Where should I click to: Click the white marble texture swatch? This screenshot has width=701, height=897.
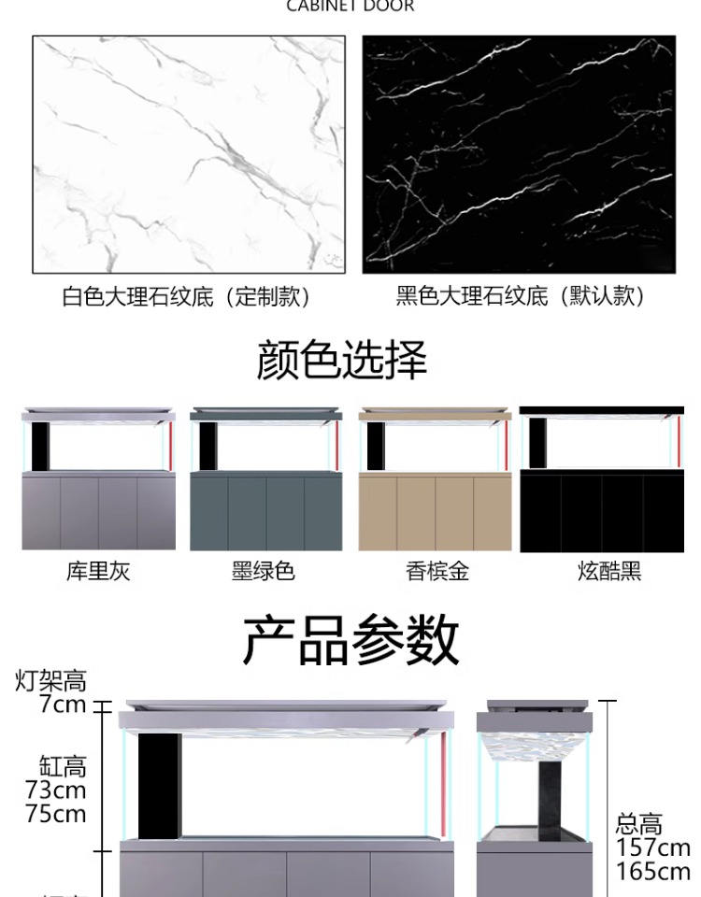point(189,154)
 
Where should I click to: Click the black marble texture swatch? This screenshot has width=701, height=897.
point(519,154)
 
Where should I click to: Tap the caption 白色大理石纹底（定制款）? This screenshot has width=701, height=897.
point(188,297)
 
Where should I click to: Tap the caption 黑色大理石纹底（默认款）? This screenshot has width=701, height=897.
point(521,296)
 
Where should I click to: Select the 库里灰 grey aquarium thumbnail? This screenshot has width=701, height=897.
point(98,478)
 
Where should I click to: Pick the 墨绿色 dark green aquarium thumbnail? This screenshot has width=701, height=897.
point(265,478)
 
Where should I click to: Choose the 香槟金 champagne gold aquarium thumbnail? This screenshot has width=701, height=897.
point(435,478)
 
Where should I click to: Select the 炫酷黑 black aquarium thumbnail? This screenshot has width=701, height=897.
point(602,478)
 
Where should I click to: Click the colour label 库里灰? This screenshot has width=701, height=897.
point(98,571)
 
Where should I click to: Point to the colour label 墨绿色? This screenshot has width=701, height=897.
point(264,571)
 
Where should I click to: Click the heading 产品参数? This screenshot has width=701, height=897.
point(350,640)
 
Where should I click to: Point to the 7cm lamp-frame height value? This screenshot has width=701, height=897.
point(63,705)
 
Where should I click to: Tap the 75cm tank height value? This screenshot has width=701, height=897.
point(56,814)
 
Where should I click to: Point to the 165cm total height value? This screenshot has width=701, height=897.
point(653,872)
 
